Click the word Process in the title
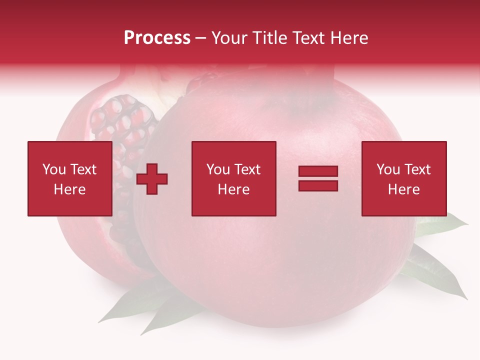click(157, 38)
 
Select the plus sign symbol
click(152, 179)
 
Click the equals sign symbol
click(318, 178)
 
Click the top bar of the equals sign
click(318, 171)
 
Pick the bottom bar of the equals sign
click(318, 185)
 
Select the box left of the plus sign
click(69, 178)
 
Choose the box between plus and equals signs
click(233, 178)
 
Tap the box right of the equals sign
click(403, 178)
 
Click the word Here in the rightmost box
click(403, 189)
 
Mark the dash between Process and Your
click(200, 38)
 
